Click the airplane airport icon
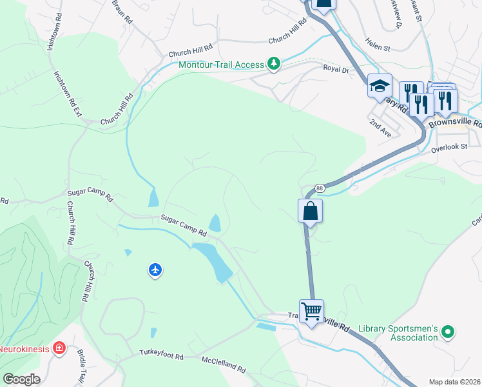[155, 270]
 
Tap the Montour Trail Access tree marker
[275, 64]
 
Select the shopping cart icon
[311, 312]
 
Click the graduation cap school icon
[380, 85]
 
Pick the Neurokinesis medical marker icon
[59, 349]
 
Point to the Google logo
[21, 379]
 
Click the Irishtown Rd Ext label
[68, 94]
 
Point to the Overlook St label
[448, 147]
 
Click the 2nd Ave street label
[380, 126]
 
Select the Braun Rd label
[122, 12]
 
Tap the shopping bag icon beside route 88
[310, 211]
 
